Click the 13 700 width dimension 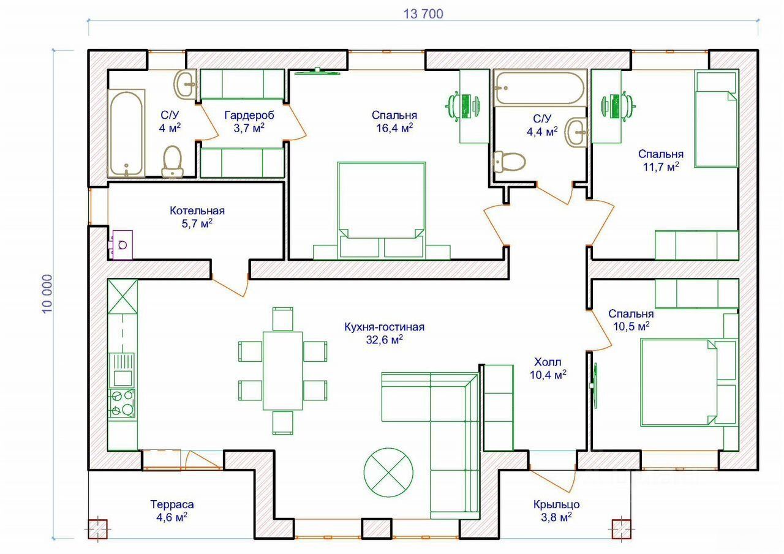423,14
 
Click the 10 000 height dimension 47,294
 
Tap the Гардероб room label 249,115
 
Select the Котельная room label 197,211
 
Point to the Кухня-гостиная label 384,327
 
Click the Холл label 548,362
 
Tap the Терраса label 172,504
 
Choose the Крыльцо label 557,504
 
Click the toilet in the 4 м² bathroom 172,162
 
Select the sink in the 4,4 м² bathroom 576,132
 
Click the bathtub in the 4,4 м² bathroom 540,88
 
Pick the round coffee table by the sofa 388,472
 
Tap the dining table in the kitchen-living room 282,371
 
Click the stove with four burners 121,403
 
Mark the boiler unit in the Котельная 123,245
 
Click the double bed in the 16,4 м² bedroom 382,210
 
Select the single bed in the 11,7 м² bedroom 716,119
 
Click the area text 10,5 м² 631,326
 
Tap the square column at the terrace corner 97,529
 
